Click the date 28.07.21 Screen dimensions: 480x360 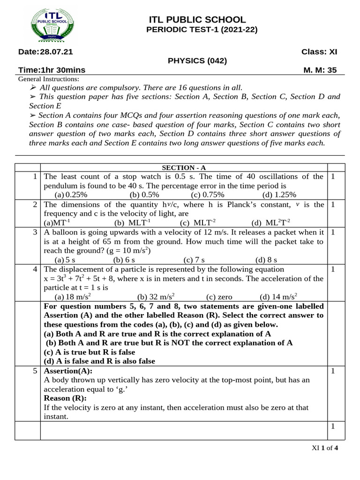[45, 52]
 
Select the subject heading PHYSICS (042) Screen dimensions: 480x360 [197, 61]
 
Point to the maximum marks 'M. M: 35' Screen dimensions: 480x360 [321, 70]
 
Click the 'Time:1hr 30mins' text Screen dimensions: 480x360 [52, 70]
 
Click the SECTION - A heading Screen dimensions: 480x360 [183, 168]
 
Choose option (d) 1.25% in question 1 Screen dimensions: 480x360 [279, 195]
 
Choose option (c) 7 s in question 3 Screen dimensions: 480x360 [194, 259]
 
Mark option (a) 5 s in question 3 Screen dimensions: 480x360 [65, 259]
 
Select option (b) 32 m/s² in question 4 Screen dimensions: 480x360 [156, 296]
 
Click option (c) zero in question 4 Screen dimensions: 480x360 [219, 296]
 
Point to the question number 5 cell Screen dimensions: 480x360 [28, 371]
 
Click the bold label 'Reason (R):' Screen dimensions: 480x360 [62, 398]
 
